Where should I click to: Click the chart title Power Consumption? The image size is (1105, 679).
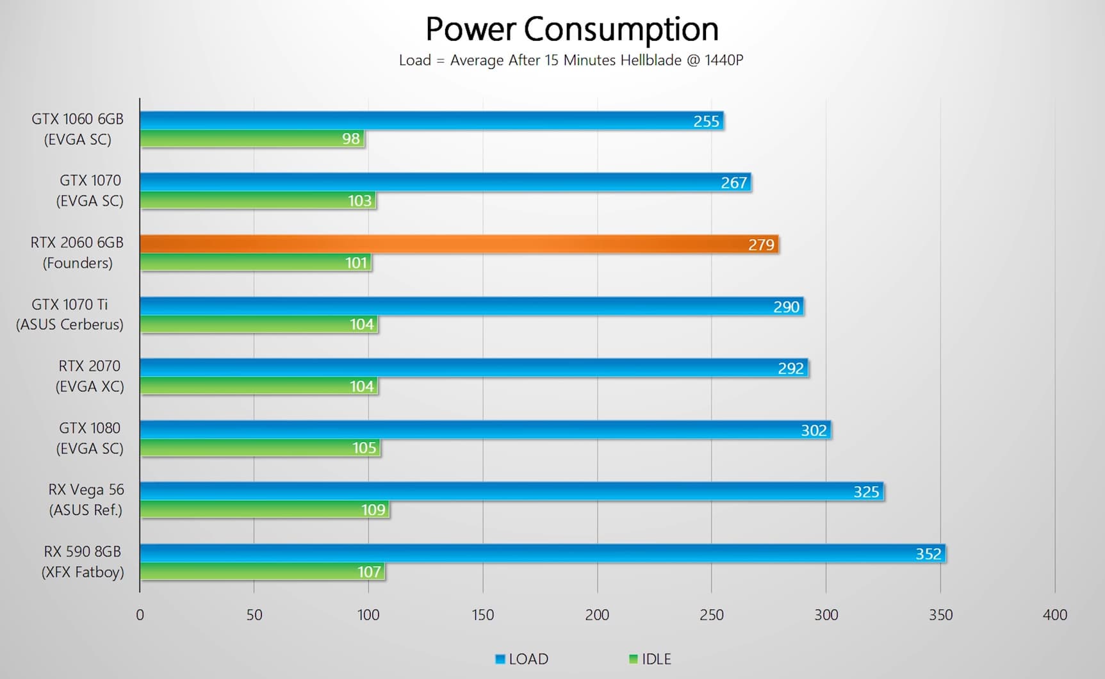571,29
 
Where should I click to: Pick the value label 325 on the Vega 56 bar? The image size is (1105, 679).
866,492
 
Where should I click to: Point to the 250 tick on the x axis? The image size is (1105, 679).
711,615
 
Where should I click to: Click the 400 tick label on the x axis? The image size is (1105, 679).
1054,615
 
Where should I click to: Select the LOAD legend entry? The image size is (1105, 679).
522,659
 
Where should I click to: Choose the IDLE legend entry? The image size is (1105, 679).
650,659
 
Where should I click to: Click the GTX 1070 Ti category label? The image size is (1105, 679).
70,314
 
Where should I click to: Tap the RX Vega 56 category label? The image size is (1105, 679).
86,500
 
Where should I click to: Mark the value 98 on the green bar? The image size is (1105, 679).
350,139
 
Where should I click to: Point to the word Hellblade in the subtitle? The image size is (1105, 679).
650,60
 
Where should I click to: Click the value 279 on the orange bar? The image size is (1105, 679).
761,245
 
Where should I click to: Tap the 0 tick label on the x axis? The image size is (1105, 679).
140,615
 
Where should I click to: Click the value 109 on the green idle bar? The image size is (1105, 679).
373,510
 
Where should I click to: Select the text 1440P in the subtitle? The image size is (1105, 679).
724,60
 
